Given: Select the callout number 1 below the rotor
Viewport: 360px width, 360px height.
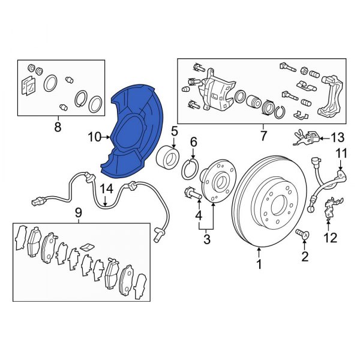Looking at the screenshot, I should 259,265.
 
